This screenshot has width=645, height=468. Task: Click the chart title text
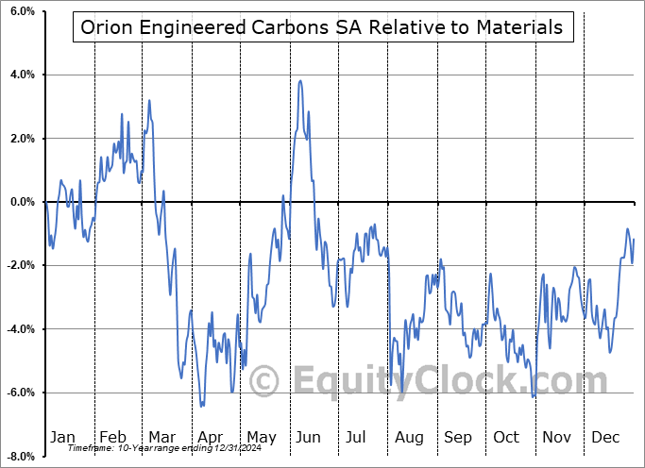[322, 27]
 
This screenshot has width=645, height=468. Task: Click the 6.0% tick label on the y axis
[22, 11]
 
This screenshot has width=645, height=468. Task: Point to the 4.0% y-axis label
[22, 75]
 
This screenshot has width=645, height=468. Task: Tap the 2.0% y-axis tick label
[22, 139]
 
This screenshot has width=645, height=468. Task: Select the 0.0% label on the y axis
[22, 202]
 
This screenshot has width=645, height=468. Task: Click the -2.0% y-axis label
[20, 265]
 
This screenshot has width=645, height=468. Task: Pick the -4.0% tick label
[20, 329]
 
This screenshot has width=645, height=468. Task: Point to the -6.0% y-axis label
[20, 393]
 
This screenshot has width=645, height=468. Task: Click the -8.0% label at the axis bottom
[20, 456]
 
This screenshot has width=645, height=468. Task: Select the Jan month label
[62, 437]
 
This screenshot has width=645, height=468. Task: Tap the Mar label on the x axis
[161, 437]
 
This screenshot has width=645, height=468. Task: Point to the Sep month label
[458, 437]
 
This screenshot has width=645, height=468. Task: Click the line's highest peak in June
[299, 80]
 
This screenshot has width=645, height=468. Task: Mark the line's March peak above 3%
[149, 100]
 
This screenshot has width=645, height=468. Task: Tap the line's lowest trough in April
[201, 406]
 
